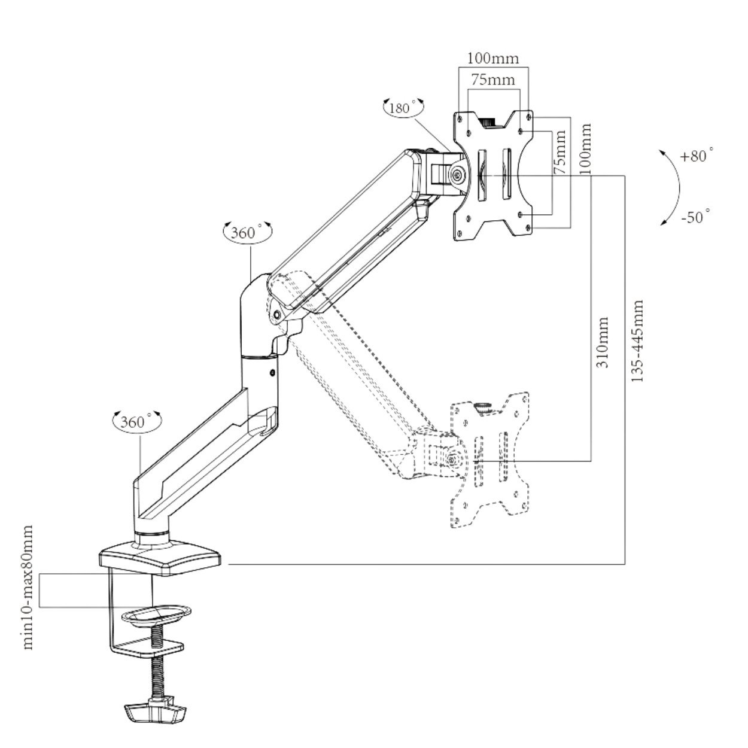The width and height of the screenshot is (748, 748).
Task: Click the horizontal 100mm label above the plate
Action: [493, 58]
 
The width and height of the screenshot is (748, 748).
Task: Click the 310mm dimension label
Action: [602, 342]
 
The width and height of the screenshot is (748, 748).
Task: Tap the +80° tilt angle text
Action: [697, 157]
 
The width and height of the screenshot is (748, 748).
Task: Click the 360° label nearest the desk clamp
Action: [132, 422]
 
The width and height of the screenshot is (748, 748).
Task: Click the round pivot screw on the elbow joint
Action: [276, 314]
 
